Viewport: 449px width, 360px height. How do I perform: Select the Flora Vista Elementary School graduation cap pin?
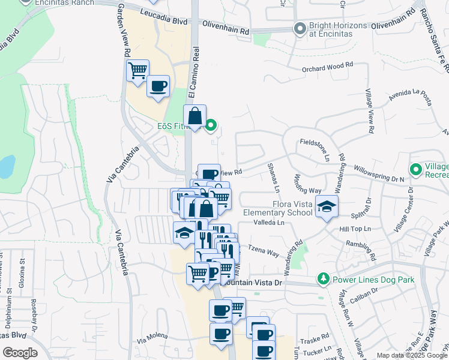[x=326, y=207]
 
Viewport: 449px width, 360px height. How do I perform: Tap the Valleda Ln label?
[x=269, y=221]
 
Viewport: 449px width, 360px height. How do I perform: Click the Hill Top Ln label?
[x=355, y=229]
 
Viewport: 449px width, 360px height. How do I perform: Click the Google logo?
[x=20, y=353]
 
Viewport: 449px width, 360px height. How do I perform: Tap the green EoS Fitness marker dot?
[x=211, y=126]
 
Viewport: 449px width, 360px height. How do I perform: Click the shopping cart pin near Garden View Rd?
[x=138, y=70]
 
